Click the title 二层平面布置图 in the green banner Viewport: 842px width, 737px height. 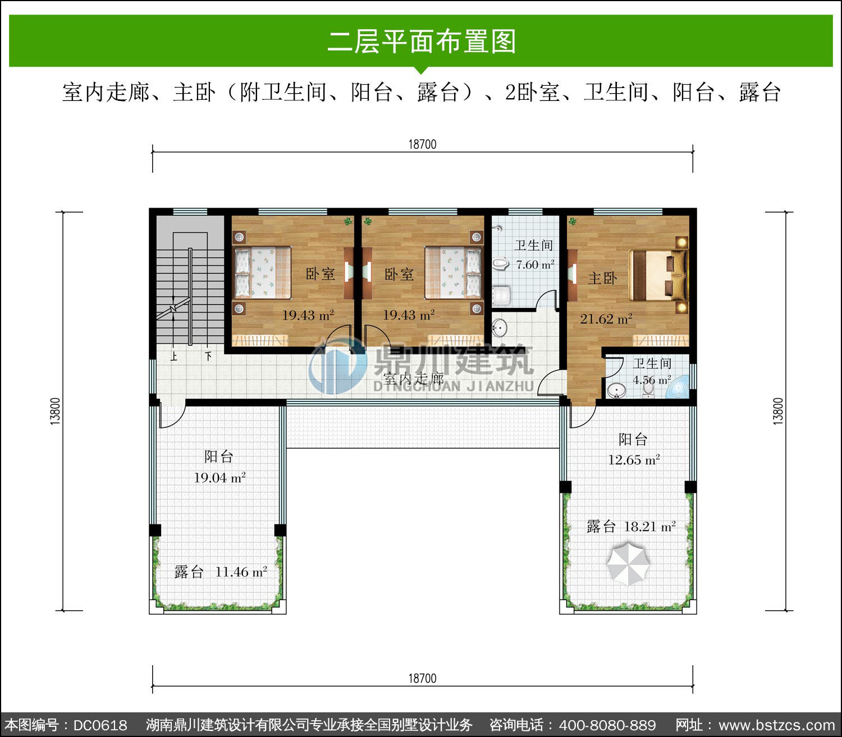(422, 41)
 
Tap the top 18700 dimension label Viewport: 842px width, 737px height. (422, 145)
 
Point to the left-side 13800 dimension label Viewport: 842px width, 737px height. (55, 411)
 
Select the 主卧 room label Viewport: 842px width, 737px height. (602, 278)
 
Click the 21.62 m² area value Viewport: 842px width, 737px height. (606, 319)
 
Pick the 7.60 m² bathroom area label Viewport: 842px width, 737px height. (535, 265)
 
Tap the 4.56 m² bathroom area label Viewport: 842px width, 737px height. (652, 380)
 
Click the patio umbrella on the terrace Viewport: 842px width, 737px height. (628, 564)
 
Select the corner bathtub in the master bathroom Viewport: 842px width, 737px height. (678, 388)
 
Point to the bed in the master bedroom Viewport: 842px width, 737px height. (658, 275)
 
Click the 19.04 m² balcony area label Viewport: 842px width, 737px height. (219, 478)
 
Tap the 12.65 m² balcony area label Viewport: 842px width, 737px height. (634, 460)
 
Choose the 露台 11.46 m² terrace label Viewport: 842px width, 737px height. (221, 572)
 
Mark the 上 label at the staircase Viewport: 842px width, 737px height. (173, 356)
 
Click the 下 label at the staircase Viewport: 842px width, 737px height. (208, 356)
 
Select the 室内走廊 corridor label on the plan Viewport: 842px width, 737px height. (414, 379)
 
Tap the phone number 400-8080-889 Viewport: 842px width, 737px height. (607, 725)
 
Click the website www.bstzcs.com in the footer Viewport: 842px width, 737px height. (777, 725)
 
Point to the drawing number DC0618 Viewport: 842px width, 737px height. (100, 725)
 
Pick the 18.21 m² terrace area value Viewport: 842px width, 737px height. (649, 527)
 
